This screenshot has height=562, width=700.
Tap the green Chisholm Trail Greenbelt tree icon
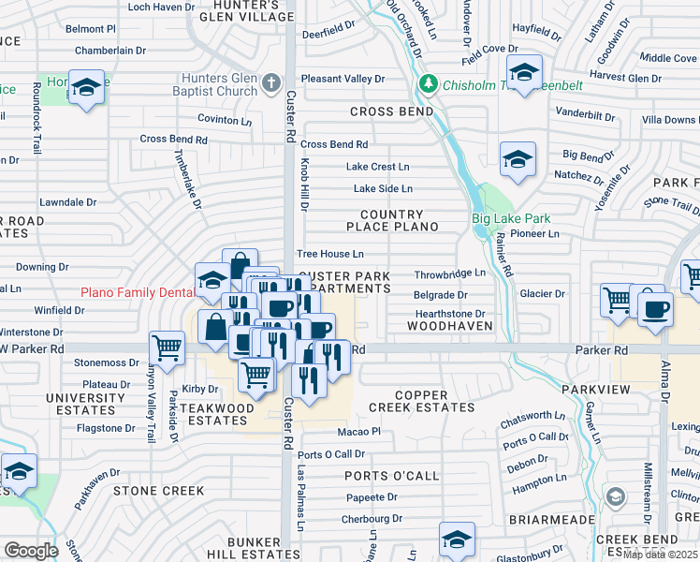[429, 85]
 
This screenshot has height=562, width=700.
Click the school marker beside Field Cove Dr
[524, 71]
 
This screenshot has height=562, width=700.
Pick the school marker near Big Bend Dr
[517, 159]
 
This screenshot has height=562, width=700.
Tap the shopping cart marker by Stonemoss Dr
[167, 348]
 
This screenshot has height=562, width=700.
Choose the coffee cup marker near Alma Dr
[654, 308]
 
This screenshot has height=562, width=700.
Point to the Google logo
[31, 551]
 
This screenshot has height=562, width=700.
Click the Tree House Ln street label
[329, 254]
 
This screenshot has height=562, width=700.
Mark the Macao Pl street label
[358, 432]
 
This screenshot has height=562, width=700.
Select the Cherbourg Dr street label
[371, 518]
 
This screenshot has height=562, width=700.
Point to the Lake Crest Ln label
[378, 167]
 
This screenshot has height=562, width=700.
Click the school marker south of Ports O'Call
[457, 539]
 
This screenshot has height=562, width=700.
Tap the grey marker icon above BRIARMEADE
[615, 495]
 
